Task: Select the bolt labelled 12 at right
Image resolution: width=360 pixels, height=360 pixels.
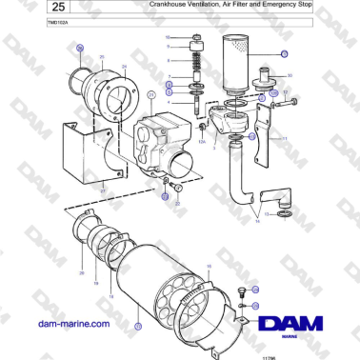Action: tap(290, 101)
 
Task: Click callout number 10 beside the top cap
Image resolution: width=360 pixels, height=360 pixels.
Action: tap(168, 36)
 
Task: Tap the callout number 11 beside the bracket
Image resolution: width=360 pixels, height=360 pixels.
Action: tap(285, 139)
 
